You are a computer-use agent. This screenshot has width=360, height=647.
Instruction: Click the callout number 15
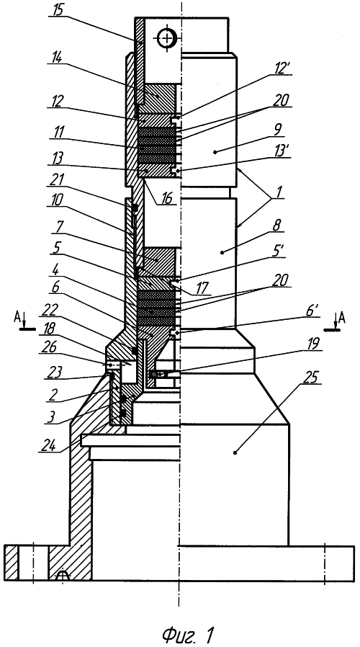pos(58,10)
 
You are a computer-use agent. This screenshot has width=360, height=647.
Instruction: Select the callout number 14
pos(56,58)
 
